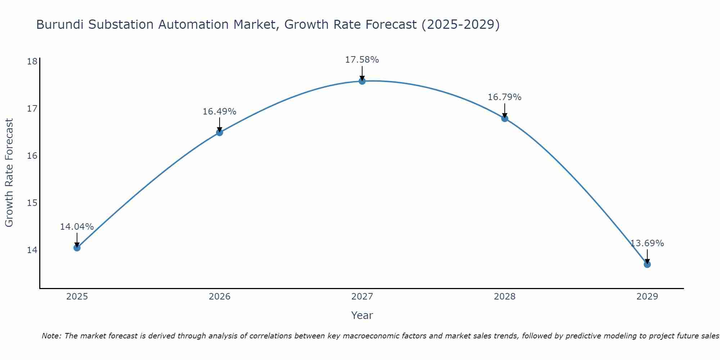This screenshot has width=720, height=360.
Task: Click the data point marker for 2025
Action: tap(77, 248)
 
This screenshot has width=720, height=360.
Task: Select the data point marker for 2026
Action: tap(219, 132)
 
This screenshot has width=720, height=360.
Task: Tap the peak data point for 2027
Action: tap(362, 81)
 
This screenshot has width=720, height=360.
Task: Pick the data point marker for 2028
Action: tap(504, 118)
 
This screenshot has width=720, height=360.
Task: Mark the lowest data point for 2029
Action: tap(647, 264)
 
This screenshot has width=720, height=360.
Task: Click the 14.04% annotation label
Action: tap(77, 227)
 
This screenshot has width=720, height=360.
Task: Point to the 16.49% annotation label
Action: tap(219, 112)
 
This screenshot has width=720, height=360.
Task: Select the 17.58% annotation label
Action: tap(362, 60)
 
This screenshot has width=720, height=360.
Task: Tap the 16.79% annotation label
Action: tap(504, 97)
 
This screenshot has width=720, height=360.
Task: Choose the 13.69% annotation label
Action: tap(647, 243)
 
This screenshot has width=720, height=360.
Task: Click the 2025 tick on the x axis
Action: tap(77, 297)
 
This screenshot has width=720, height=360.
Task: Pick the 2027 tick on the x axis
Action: tap(362, 297)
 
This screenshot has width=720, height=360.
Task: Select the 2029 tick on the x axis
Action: tap(647, 297)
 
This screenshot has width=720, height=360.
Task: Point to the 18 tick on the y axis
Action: tap(32, 61)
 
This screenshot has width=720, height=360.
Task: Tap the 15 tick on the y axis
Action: tap(32, 203)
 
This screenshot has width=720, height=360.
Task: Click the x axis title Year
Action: tap(362, 315)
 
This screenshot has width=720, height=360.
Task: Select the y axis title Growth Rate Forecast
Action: tap(9, 173)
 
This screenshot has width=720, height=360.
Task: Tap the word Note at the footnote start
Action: tap(51, 336)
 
